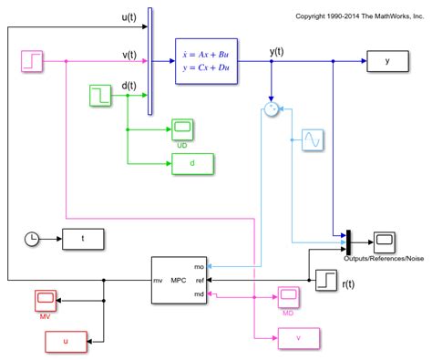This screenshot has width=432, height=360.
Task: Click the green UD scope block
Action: coord(181,129)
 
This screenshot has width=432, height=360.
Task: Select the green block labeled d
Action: coord(192,164)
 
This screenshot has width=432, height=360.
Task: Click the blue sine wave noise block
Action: coord(313,140)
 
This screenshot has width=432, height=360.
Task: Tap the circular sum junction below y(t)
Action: coord(271,109)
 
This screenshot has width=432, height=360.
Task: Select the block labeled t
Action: coord(83,239)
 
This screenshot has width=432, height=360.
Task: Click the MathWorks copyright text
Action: coord(360,15)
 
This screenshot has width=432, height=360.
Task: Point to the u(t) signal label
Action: coord(129,18)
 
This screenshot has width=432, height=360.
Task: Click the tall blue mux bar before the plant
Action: coord(149,62)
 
